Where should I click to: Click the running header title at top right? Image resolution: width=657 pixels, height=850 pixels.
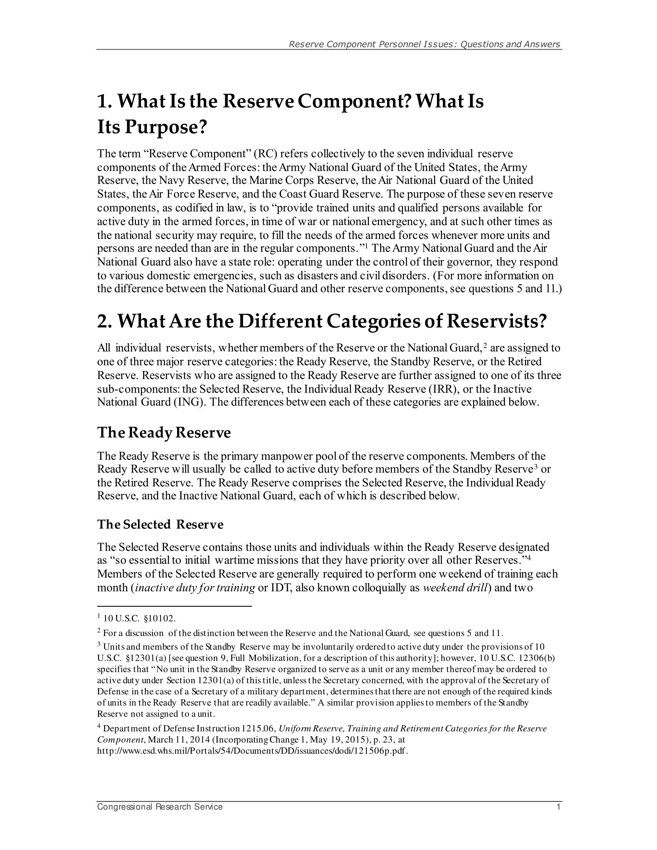[x=424, y=44]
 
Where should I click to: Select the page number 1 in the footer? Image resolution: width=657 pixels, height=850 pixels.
[x=559, y=807]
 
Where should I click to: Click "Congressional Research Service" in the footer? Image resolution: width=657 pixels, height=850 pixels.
[x=160, y=807]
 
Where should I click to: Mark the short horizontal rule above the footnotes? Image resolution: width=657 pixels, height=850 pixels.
[x=174, y=606]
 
